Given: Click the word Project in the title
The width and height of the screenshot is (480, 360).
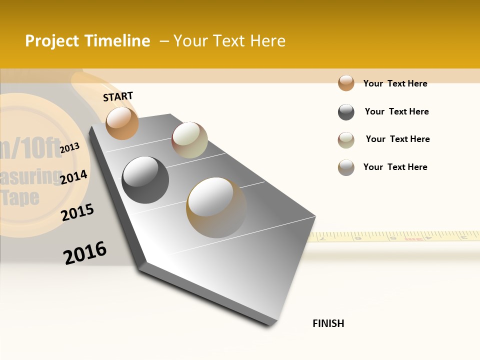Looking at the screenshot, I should [x=51, y=41].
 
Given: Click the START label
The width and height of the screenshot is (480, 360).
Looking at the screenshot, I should [x=118, y=96].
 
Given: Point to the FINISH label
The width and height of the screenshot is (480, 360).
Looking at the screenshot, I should [x=328, y=323].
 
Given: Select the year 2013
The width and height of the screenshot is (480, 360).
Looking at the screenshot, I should [x=70, y=147].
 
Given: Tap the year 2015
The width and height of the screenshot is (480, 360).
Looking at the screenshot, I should [x=77, y=212].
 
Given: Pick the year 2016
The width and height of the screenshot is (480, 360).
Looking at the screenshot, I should [x=85, y=252].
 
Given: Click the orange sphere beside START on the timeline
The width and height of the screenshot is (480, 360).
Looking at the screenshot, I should [x=122, y=123].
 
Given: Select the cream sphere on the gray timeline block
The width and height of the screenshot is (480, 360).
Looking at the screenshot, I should [x=189, y=140].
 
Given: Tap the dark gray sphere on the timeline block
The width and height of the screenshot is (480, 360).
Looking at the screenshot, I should [x=145, y=180].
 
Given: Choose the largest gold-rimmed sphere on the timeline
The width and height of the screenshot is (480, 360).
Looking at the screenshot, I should [x=216, y=207].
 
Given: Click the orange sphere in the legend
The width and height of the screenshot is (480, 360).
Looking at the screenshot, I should [x=346, y=83].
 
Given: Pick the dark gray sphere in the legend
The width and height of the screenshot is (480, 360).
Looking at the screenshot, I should [x=346, y=112].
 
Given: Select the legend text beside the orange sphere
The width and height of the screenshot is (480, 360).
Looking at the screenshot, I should [x=395, y=83].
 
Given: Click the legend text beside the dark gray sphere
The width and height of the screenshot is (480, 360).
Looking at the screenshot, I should [x=396, y=111].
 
